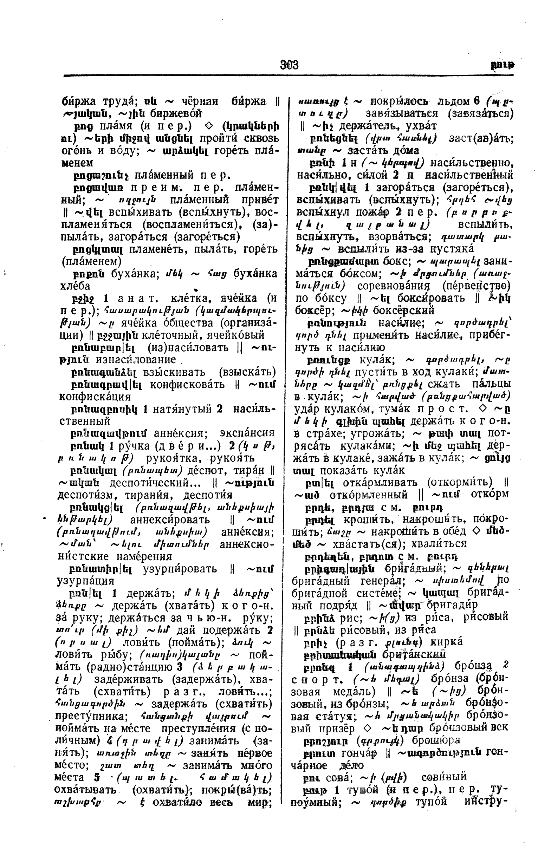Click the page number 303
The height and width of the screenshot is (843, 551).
point(289,65)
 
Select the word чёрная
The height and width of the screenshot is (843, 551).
point(200,102)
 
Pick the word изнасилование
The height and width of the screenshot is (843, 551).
point(135,360)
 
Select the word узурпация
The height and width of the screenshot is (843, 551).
point(85,581)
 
